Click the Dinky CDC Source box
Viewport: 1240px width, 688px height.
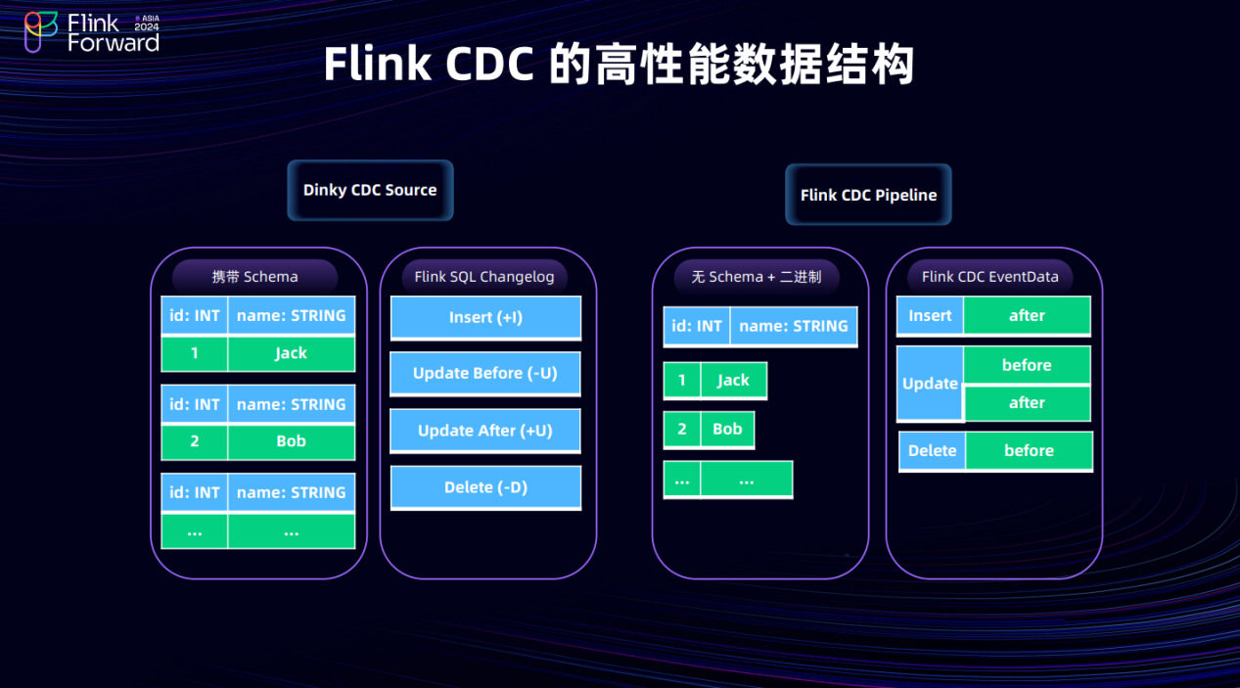(x=370, y=190)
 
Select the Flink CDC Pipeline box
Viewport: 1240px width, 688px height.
(x=868, y=195)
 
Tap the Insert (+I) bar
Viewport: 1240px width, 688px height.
(x=485, y=317)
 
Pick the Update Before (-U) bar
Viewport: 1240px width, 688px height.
(x=485, y=373)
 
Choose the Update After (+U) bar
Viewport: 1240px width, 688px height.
(x=485, y=431)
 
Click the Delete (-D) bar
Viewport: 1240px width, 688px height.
(x=485, y=486)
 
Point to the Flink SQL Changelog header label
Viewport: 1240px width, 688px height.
(x=484, y=277)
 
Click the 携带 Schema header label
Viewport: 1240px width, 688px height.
(x=255, y=277)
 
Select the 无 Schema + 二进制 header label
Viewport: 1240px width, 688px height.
(x=757, y=277)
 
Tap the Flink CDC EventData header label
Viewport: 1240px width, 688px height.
(x=990, y=277)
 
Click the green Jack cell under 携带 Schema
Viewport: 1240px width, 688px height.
(x=291, y=353)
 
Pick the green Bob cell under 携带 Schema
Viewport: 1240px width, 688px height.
(x=291, y=441)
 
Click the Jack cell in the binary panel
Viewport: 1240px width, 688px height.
(x=733, y=381)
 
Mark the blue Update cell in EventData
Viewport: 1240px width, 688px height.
(x=930, y=384)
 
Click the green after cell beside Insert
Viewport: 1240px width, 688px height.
(x=1027, y=316)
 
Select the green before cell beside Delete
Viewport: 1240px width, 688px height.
(x=1029, y=451)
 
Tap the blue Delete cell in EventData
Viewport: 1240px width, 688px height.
(x=932, y=451)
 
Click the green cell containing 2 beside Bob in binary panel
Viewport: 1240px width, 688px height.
(x=682, y=430)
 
